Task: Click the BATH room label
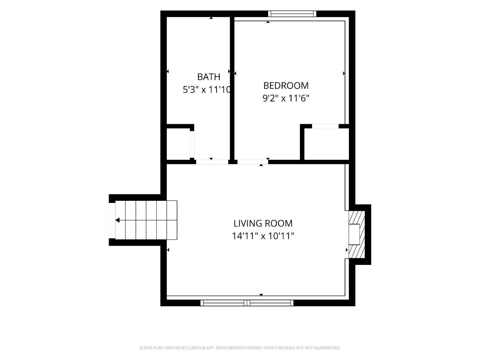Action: (208, 77)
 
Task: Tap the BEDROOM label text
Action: (286, 86)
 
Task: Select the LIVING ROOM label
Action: (263, 223)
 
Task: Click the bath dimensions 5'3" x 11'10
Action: (207, 90)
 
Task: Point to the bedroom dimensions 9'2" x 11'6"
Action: (286, 98)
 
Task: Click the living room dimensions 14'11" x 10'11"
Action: (263, 236)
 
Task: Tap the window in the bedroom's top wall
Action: (292, 14)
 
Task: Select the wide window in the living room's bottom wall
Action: (247, 303)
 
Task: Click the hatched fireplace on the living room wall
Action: (357, 234)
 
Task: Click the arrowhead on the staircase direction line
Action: (117, 220)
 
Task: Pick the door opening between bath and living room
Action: (212, 162)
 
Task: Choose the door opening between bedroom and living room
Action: (253, 162)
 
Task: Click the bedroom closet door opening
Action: (325, 126)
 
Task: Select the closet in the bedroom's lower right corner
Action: (326, 144)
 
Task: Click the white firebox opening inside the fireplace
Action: (354, 234)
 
